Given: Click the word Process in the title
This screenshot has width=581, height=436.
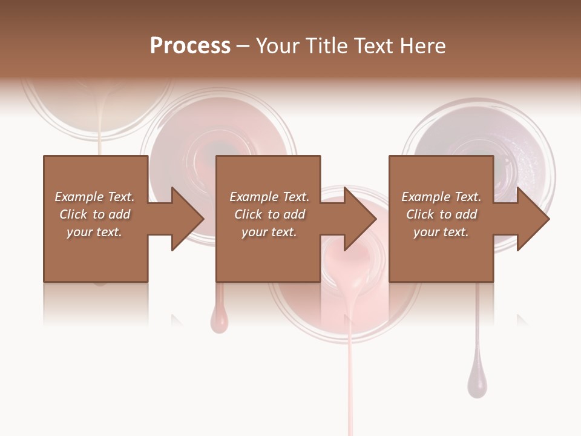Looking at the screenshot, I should [190, 46].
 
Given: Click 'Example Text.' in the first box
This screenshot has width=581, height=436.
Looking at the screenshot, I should [94, 197].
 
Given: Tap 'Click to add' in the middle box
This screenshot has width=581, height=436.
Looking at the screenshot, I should [269, 214].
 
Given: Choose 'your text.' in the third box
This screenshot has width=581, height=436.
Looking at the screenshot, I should [441, 232].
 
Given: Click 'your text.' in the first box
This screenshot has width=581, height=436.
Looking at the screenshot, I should [94, 232].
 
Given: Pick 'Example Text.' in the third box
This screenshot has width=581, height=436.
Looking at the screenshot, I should [441, 197].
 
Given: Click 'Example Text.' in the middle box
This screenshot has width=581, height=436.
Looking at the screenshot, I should [269, 197].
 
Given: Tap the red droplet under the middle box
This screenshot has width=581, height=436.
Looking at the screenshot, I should [219, 319].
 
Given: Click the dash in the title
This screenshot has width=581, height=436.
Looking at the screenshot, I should [243, 47].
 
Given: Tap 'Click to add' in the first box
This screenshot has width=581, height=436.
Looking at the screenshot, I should [94, 214].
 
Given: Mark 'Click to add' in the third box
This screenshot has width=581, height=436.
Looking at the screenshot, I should [441, 214].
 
